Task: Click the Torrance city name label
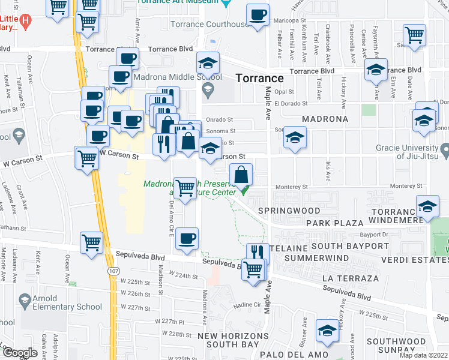(x=259, y=78)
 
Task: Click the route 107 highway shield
(x=112, y=272)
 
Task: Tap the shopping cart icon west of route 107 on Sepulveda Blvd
(x=92, y=243)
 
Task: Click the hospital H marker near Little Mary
(x=25, y=22)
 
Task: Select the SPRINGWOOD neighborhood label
(x=281, y=211)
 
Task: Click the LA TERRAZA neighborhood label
(x=351, y=279)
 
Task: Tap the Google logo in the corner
(x=20, y=353)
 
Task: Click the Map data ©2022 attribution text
(x=423, y=355)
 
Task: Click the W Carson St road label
(x=119, y=155)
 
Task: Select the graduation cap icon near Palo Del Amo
(x=327, y=331)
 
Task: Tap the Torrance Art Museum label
(x=173, y=2)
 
